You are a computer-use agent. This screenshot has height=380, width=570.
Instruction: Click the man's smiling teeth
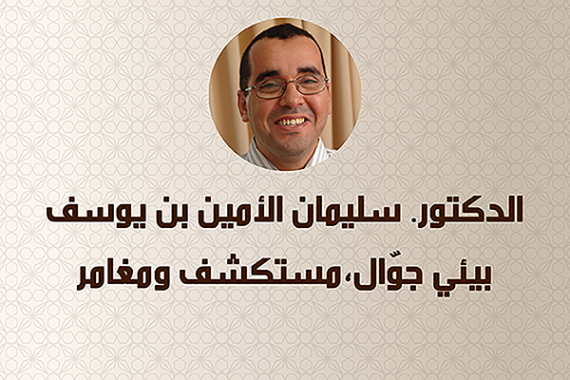(x=290, y=122)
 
